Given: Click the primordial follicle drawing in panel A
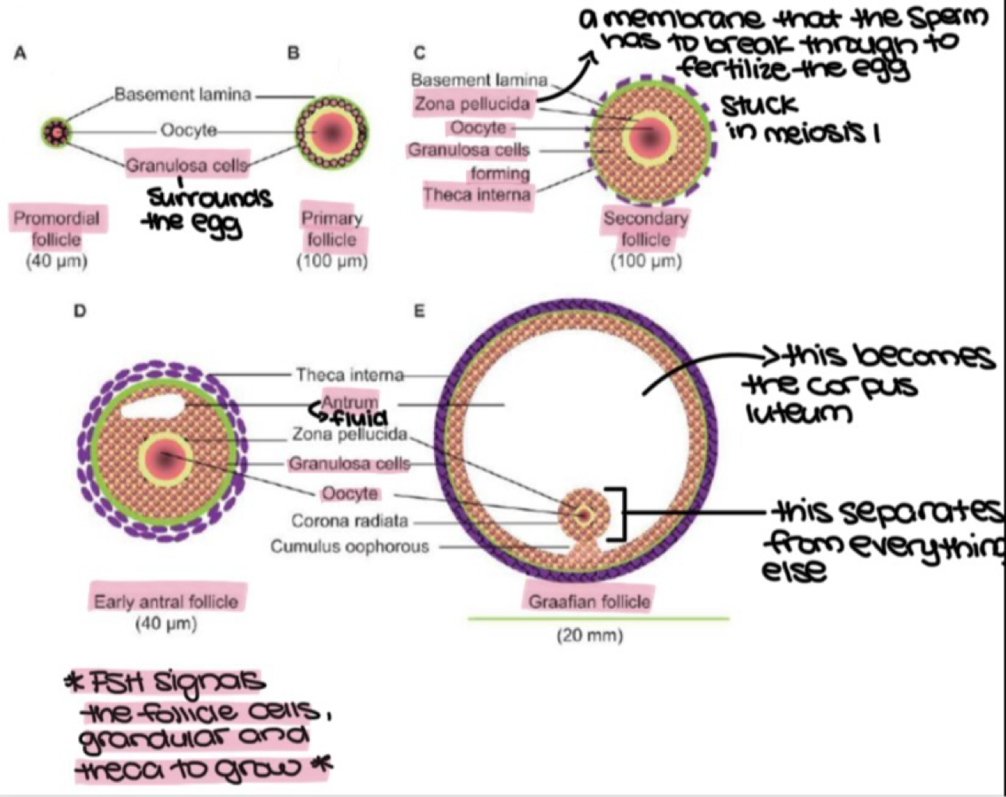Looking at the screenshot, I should click(x=57, y=132).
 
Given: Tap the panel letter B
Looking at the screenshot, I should click(x=293, y=53).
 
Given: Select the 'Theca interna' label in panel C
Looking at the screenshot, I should click(x=476, y=194).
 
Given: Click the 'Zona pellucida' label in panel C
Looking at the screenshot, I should click(x=472, y=104).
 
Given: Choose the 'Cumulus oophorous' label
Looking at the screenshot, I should click(x=350, y=547).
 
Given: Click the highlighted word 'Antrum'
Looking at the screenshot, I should click(x=350, y=403).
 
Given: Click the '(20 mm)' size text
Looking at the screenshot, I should click(x=589, y=635).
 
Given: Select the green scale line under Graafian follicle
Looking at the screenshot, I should click(x=597, y=618).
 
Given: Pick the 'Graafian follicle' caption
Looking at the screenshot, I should click(x=589, y=601).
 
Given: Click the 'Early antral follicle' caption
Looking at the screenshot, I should click(x=166, y=601).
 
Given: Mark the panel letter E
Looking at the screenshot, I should click(x=419, y=312).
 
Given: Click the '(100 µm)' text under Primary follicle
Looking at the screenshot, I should click(x=332, y=261).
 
